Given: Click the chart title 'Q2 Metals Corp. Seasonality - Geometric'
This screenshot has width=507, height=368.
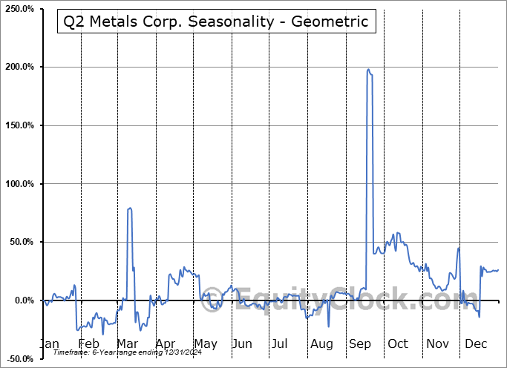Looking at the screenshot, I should [216, 22].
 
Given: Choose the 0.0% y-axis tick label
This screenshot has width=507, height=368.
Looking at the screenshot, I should [23, 300].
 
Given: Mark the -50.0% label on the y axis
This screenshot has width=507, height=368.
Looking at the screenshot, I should [19, 359].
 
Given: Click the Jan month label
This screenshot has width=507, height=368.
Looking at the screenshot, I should [48, 344].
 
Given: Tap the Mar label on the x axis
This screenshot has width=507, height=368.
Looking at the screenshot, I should [128, 344].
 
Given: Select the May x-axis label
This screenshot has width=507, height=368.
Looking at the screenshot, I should [205, 344].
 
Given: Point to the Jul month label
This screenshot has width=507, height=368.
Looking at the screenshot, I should [280, 344].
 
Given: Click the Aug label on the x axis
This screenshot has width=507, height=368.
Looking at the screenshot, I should [321, 344].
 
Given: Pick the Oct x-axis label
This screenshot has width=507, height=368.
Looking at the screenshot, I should [398, 344].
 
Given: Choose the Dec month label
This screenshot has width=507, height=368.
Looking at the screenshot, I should [475, 344].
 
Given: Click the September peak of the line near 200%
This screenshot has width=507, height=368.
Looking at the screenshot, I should [368, 70].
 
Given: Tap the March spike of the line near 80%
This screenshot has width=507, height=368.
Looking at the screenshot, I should [130, 208].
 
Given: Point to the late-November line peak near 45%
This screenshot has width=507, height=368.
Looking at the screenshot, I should [459, 248].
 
